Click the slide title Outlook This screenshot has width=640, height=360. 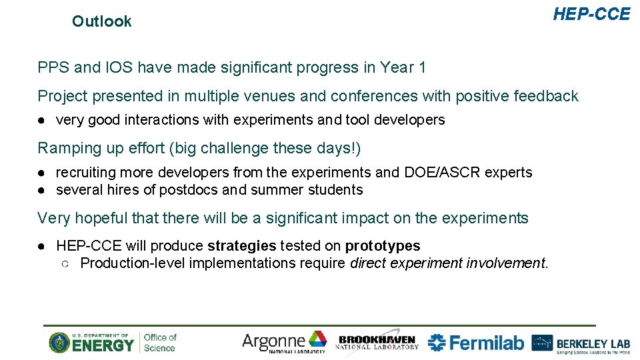(101, 21)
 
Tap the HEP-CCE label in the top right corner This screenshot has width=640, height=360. (591, 14)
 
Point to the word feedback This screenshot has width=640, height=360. (546, 96)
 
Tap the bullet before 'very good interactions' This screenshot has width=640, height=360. (41, 120)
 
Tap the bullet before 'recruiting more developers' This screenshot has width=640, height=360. (41, 173)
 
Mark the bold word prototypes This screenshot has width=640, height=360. (383, 246)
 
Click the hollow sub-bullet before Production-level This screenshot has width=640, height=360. (65, 263)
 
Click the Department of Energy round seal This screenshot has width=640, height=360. (59, 343)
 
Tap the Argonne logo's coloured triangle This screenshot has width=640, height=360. (317, 339)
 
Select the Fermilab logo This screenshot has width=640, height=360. (476, 343)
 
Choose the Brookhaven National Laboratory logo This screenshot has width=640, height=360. (377, 342)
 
